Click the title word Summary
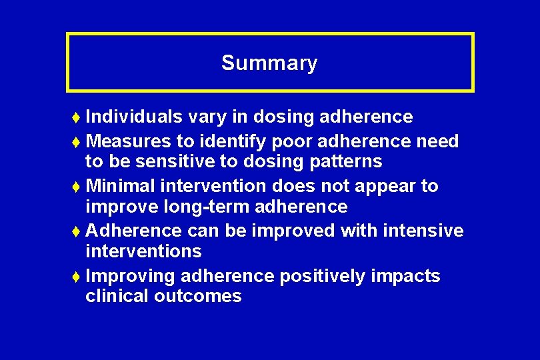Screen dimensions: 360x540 click(x=269, y=63)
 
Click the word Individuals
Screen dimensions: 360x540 click(x=134, y=117)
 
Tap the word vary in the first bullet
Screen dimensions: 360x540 click(x=207, y=117)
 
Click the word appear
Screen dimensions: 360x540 click(x=385, y=187)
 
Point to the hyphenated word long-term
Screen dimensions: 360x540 click(x=209, y=207)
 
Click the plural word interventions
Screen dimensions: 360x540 click(x=143, y=251)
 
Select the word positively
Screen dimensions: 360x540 click(x=323, y=276)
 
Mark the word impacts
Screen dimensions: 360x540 click(x=407, y=276)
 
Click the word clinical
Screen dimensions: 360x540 click(x=117, y=296)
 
